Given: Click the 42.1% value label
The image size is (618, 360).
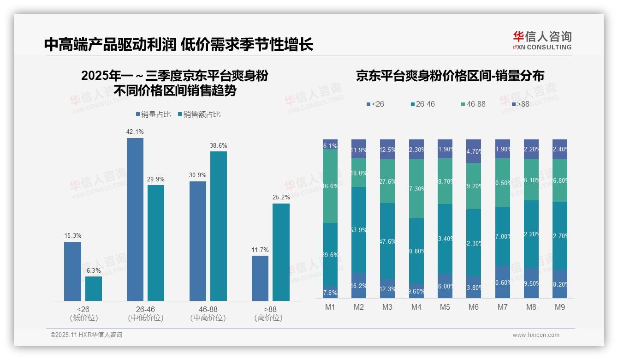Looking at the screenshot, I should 135,132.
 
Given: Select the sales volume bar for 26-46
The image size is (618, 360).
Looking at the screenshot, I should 135,219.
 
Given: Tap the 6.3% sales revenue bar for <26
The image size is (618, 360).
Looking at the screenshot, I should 94,288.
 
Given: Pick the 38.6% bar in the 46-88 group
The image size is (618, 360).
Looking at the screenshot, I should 219,226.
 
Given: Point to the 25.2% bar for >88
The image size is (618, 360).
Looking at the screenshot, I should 281,252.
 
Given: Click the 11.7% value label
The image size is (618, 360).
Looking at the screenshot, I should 260,250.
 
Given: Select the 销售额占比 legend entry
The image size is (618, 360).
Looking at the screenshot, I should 199,114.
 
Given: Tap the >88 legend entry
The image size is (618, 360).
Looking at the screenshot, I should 520,104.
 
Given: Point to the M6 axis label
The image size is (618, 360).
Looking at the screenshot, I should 474,307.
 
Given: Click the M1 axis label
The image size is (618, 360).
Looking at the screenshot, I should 330,307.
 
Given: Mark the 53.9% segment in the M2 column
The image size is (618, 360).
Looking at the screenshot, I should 359,229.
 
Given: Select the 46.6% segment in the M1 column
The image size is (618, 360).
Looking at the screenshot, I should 330,186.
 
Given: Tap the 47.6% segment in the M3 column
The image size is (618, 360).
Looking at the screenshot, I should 387,240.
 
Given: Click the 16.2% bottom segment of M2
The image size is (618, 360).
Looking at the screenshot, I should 359,286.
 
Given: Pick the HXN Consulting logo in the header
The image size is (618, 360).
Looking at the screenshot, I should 542,41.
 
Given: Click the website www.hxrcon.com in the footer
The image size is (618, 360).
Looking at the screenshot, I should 536,335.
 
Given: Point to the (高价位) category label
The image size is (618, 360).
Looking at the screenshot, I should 268,318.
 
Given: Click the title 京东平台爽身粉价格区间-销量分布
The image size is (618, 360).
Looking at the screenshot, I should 450,76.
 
